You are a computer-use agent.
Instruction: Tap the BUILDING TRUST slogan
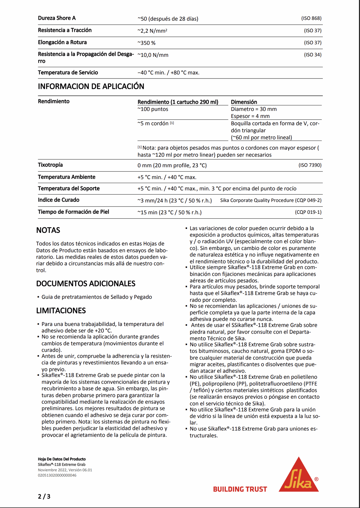pos(240,489)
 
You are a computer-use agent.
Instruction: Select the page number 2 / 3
pos(44,496)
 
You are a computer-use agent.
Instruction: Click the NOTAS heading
pos(48,230)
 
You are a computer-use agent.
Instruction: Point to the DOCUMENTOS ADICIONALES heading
pos(86,284)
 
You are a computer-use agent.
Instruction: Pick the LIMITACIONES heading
pos(61,311)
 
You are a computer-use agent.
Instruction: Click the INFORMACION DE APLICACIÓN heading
pos(91,87)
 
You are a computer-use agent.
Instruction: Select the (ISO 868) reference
pos(311,18)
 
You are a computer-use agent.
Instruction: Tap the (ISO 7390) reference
pos(310,165)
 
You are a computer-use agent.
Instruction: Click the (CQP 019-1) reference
pos(308,212)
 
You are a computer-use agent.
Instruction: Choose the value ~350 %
pos(147,43)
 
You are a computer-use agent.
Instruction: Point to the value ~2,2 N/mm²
pos(152,31)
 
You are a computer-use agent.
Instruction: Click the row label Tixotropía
pos(50,165)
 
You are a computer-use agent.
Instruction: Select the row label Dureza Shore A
pos(57,18)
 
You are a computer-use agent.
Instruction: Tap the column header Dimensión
pos(244,102)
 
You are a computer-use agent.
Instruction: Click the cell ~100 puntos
pos(153,109)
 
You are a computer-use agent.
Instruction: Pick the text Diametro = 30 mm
pos(254,109)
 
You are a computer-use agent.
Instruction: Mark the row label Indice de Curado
pos(58,200)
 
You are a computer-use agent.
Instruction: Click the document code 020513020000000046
pos(57,475)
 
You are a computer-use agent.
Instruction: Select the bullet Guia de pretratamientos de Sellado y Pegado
pos(97,297)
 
